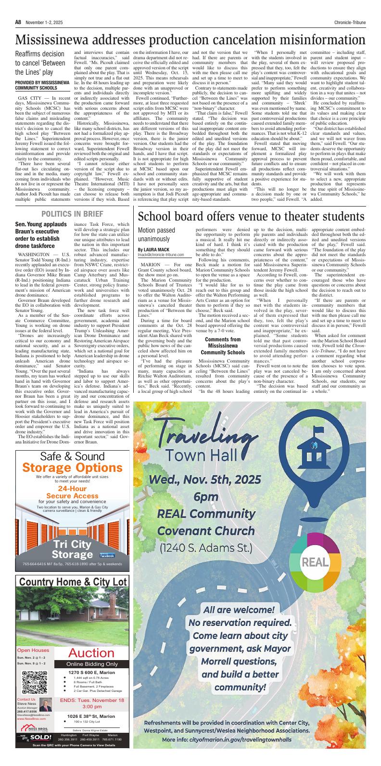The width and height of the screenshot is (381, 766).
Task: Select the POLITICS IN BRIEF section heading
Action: (72, 213)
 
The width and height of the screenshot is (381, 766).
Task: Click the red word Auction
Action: (91, 653)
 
